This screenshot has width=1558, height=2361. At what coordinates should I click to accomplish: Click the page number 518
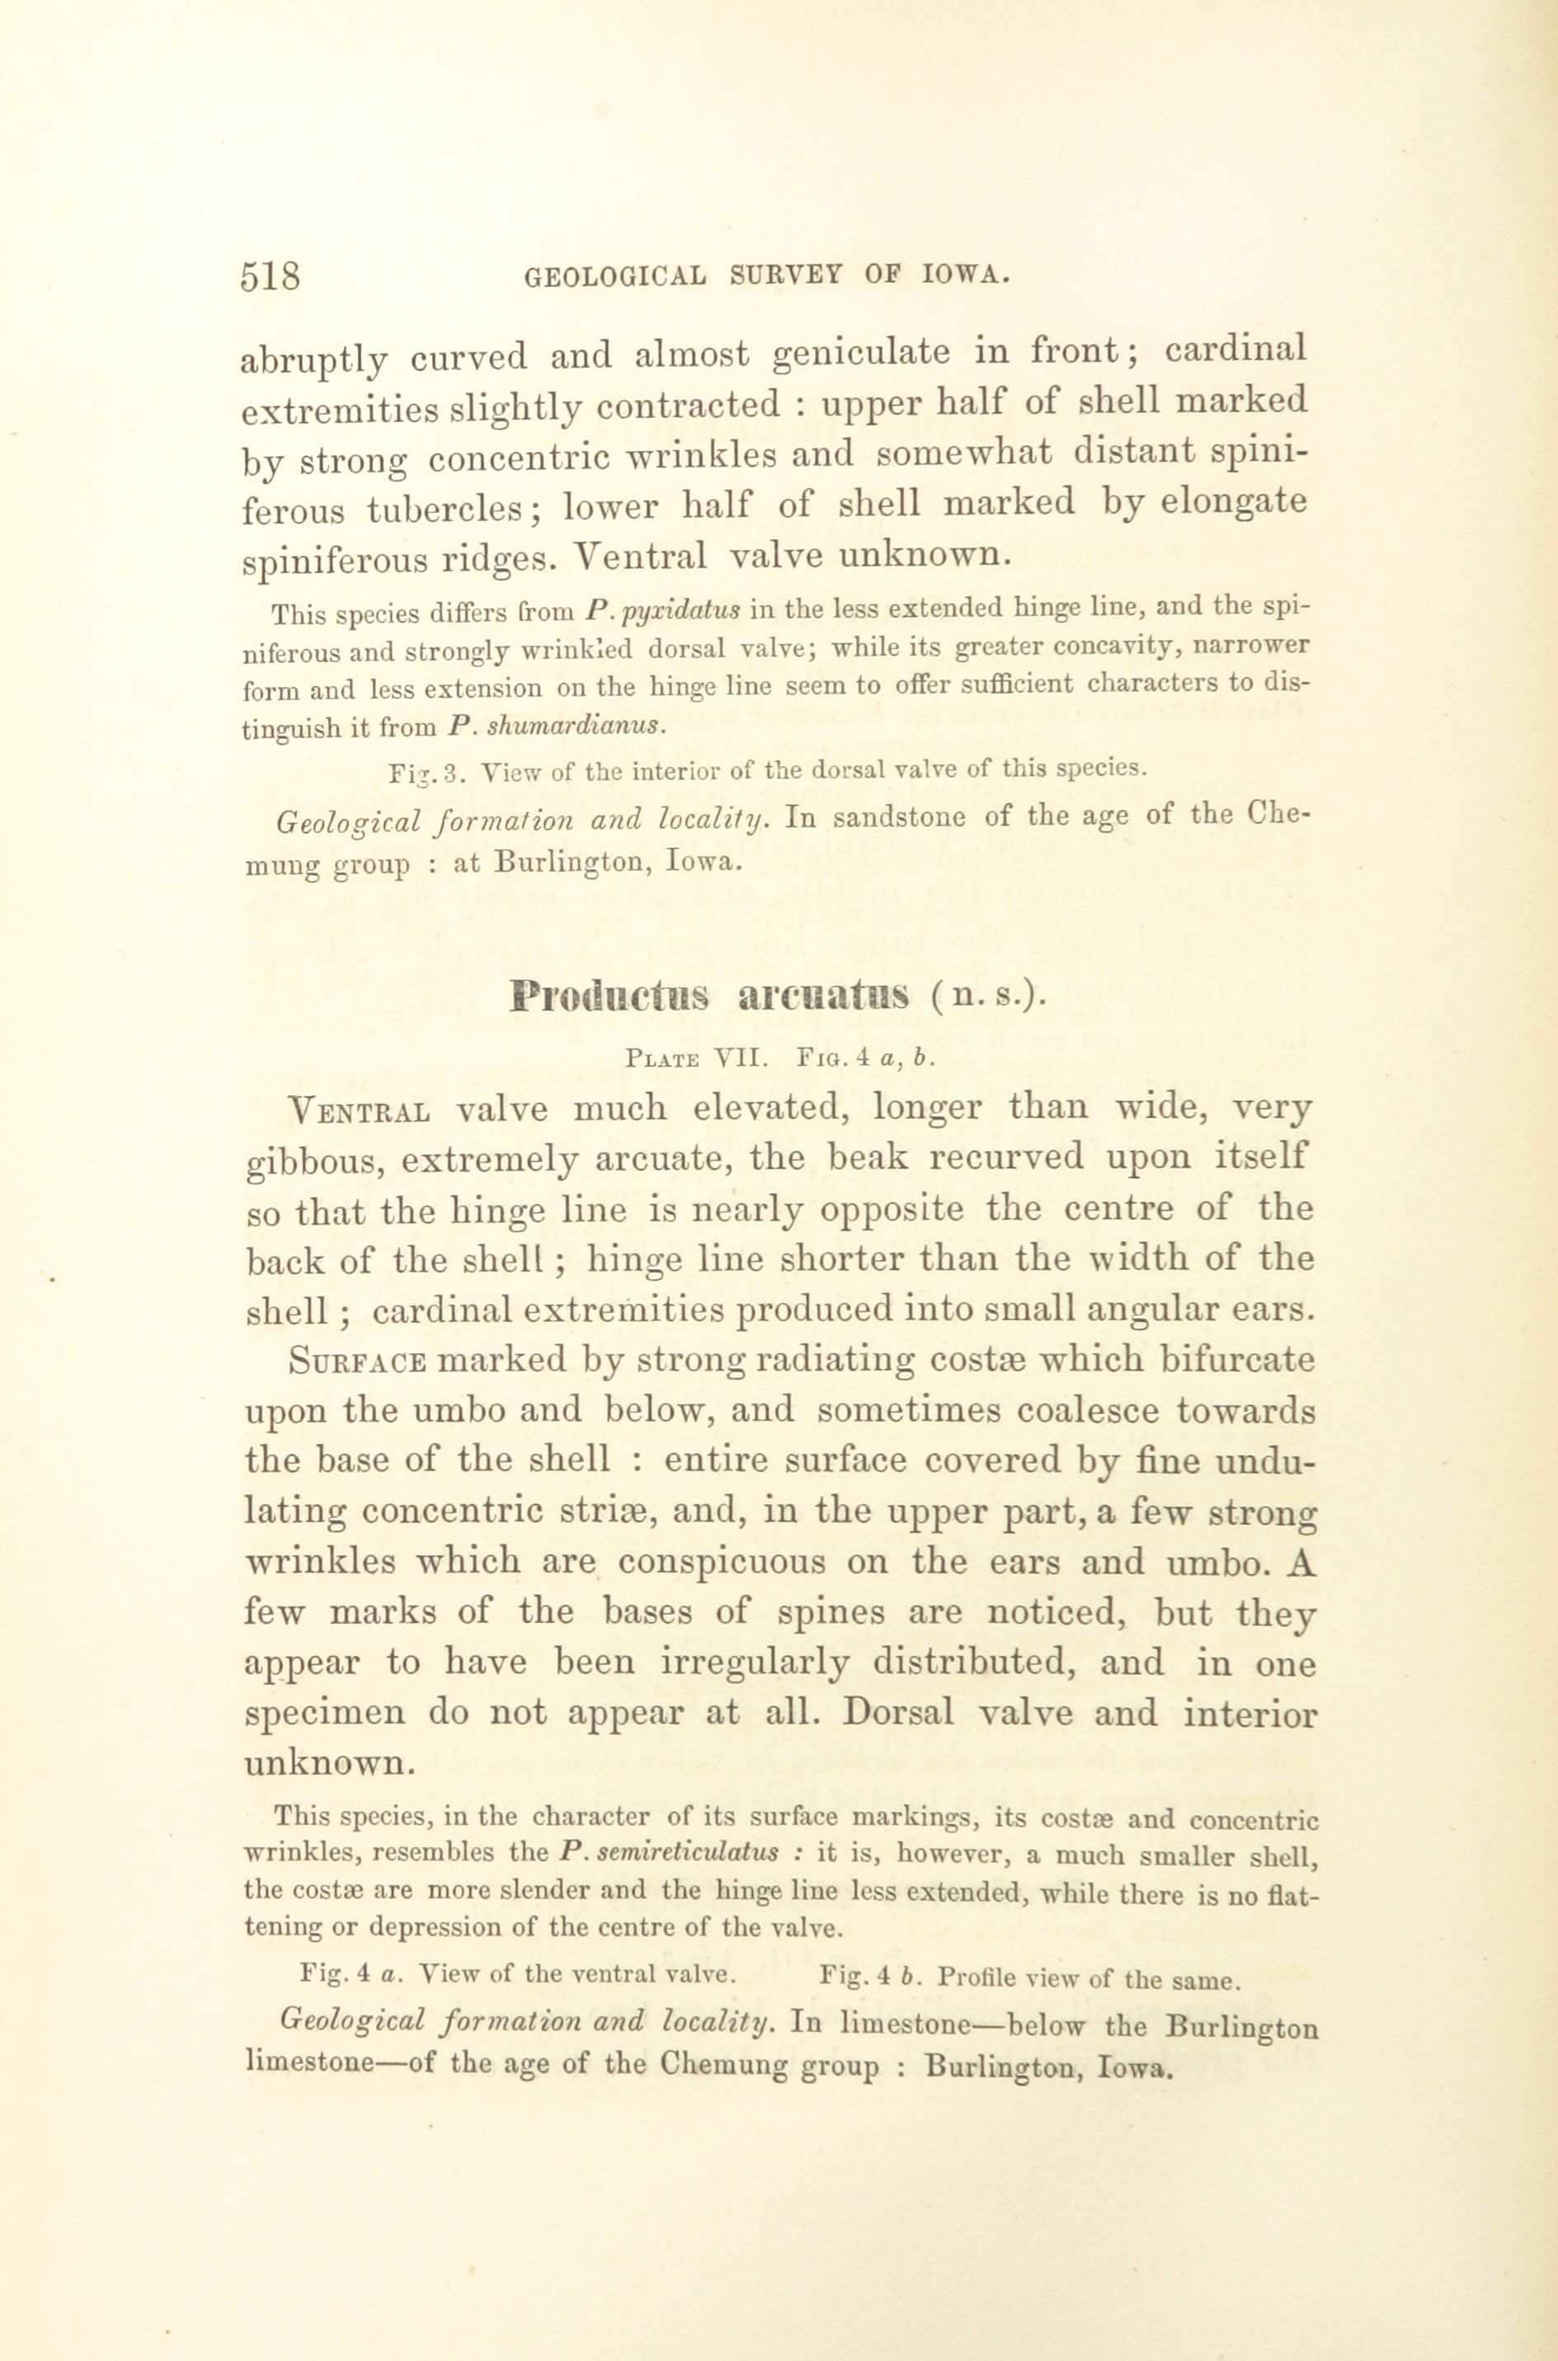coord(269,275)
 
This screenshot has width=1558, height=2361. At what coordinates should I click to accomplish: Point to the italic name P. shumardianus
coord(555,725)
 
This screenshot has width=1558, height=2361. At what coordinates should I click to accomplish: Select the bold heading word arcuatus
coord(824,995)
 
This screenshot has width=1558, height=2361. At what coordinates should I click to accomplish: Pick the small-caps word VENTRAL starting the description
coord(359,1109)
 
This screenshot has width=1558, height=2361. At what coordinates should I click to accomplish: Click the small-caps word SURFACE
coord(359,1361)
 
